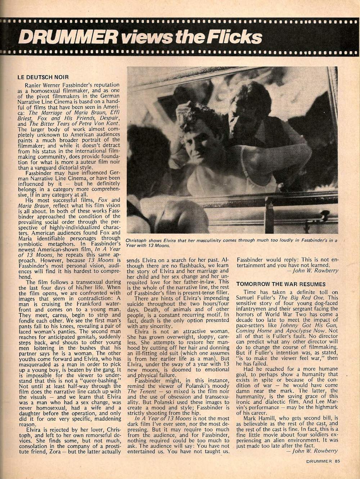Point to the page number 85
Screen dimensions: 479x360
click(x=337, y=461)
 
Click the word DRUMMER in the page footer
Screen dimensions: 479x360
click(x=319, y=461)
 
